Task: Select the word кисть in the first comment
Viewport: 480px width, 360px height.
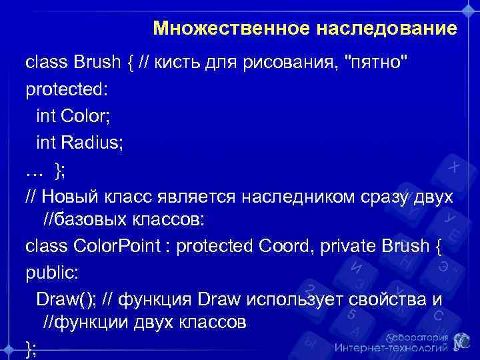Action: tap(177, 65)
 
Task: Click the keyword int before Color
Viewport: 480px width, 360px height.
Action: tap(47, 117)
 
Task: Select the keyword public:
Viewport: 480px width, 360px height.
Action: tap(47, 273)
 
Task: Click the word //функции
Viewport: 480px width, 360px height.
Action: tap(81, 323)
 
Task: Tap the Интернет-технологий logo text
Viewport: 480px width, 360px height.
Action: tap(390, 347)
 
